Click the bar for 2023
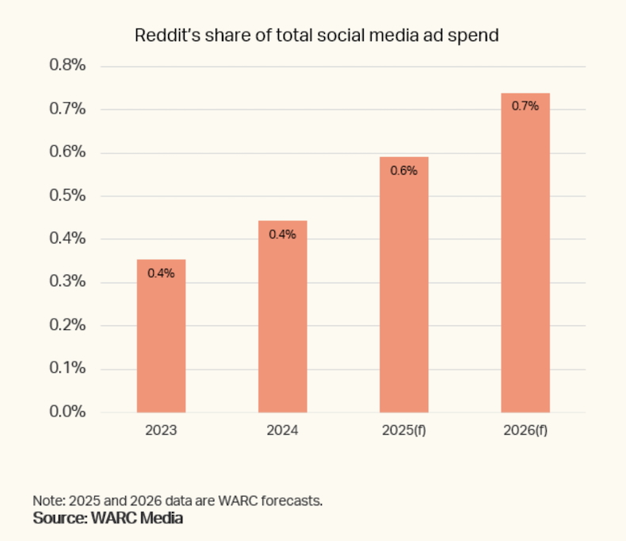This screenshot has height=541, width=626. click(161, 336)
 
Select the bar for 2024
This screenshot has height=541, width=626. click(283, 317)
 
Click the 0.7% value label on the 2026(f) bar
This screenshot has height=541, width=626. click(525, 106)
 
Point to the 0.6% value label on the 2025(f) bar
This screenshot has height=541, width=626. click(404, 170)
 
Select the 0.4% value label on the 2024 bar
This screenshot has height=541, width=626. click(283, 234)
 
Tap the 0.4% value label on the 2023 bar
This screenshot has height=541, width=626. click(161, 273)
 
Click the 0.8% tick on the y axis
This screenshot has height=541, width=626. click(67, 66)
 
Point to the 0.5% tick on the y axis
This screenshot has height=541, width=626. click(67, 196)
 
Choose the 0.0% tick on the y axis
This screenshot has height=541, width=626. click(67, 412)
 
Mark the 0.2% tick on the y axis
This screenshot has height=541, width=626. click(67, 325)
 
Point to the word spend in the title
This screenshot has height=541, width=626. click(476, 36)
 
